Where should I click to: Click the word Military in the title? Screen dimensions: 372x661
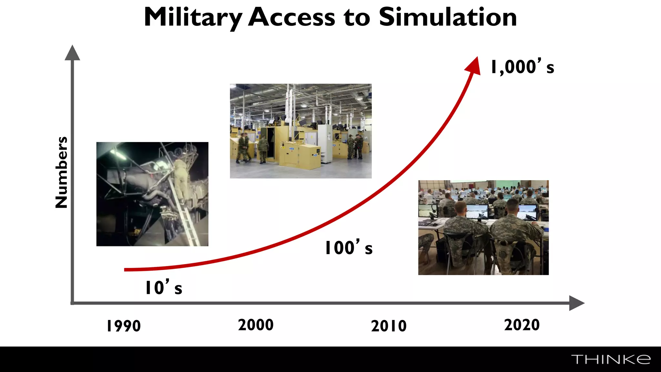coord(193,17)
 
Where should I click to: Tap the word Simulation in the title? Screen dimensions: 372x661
coord(448,17)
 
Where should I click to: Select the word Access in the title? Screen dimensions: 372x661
coord(292,17)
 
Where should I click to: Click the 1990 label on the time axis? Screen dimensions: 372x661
coord(124,326)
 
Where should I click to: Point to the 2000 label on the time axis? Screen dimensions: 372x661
coord(256,325)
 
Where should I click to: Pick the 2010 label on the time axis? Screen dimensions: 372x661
coord(389,326)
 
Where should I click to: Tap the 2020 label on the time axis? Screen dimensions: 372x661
coord(522,325)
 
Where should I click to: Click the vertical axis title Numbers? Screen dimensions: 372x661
coord(61,172)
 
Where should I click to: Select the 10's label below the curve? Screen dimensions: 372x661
coord(164,287)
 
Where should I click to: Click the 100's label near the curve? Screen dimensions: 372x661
coord(349,248)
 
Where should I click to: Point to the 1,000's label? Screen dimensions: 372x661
coord(522,67)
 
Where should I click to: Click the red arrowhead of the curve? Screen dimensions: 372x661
coord(474,66)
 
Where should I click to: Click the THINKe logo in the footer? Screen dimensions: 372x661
coord(611,359)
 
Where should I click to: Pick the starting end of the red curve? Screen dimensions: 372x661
coord(126,270)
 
